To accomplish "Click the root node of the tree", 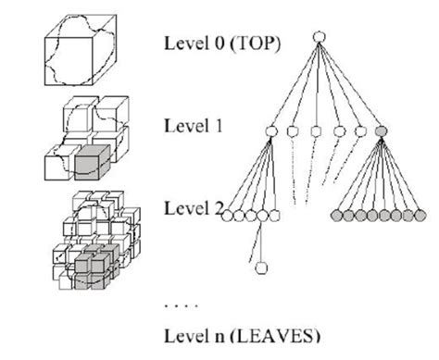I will (318, 38).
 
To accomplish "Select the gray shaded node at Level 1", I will (381, 131).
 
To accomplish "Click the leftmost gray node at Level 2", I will (335, 216).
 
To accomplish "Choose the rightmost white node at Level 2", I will (274, 216).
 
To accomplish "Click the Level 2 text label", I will (191, 208).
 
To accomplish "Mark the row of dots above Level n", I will (178, 303).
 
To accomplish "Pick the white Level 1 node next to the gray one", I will (359, 131).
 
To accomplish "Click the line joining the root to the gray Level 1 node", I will (349, 85).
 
